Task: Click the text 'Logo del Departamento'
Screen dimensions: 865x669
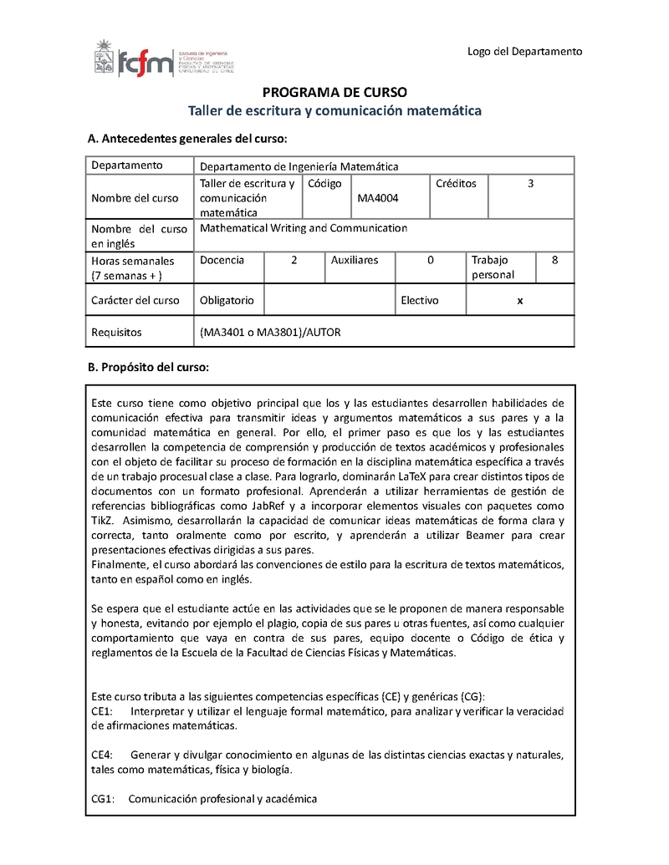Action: (524, 52)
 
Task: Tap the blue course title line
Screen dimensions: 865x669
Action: (334, 110)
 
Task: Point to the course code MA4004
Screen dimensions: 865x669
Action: (378, 198)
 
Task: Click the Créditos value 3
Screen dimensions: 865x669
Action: (530, 183)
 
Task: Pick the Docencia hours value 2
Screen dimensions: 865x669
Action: (294, 260)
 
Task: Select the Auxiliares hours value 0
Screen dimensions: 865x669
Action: (431, 260)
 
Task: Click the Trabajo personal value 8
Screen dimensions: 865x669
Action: (555, 260)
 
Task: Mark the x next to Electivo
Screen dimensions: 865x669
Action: (520, 301)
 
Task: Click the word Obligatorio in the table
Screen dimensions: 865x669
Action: (227, 301)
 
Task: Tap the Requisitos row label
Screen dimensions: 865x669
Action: (116, 333)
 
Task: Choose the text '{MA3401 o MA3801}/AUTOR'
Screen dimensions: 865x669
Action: (270, 333)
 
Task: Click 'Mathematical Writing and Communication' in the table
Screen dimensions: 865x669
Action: (304, 228)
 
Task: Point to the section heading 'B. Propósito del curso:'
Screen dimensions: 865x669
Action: (148, 367)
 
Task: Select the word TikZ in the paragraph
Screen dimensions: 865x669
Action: (105, 520)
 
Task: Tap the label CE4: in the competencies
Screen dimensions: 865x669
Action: (102, 755)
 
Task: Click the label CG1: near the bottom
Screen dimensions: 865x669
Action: (103, 799)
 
